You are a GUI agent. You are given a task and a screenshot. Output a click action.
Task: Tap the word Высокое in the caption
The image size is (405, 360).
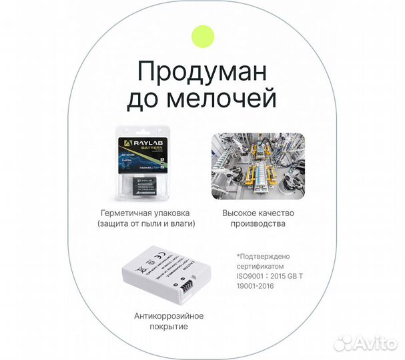[239, 213]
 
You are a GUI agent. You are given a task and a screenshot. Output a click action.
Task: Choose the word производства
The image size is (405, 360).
[258, 224]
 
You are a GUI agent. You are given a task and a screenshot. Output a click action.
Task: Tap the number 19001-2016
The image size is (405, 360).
[256, 286]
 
